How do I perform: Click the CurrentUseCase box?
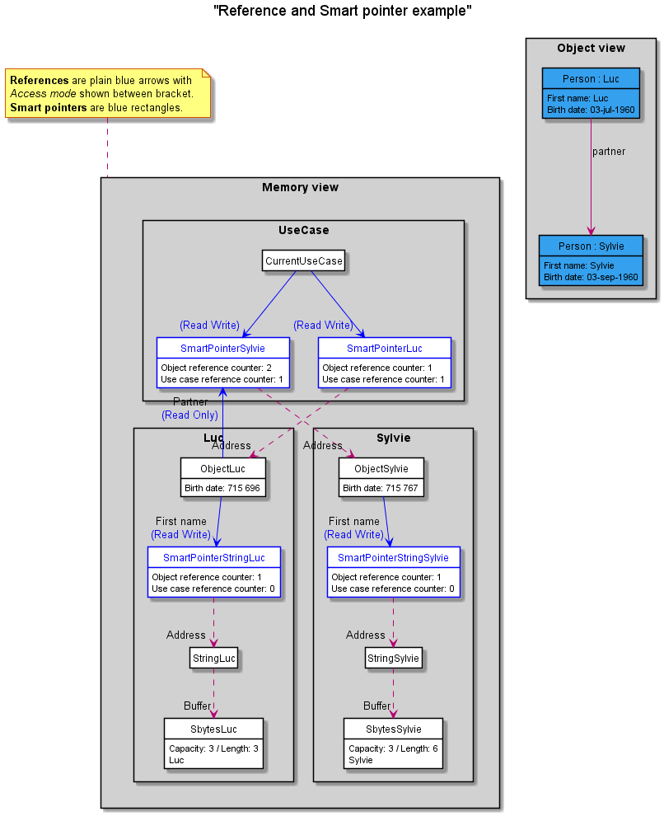[303, 260]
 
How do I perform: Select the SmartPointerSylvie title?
[222, 348]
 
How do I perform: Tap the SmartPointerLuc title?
[384, 348]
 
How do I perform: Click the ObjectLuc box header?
[222, 468]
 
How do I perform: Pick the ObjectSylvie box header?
[381, 468]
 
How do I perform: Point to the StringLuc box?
[213, 658]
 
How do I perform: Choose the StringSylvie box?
[393, 658]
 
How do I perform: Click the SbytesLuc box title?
[213, 729]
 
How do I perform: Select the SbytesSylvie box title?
[394, 729]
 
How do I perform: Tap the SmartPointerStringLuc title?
[214, 557]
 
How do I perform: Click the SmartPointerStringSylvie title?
[393, 557]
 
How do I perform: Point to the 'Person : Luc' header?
[591, 78]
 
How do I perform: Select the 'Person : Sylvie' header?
[591, 246]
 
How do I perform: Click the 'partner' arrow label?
[609, 152]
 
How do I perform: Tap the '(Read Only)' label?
[189, 415]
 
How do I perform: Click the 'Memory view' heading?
[300, 187]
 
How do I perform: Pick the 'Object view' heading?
[592, 48]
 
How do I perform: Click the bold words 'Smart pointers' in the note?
[49, 108]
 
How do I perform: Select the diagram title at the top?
[343, 11]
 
